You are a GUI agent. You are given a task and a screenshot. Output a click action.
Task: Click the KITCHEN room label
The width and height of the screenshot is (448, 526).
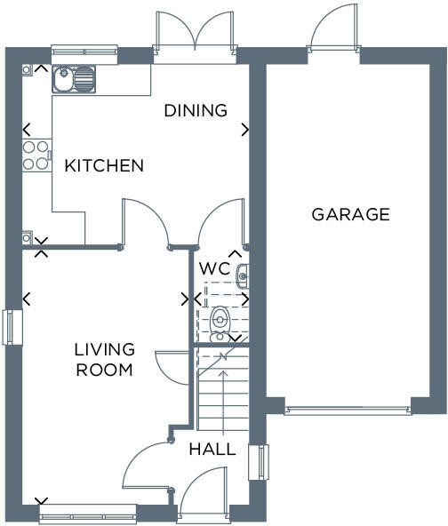[103, 165]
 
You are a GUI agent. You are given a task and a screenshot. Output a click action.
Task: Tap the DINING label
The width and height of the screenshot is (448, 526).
[196, 110]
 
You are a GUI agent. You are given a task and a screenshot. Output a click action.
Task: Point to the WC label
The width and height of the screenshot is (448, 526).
[214, 267]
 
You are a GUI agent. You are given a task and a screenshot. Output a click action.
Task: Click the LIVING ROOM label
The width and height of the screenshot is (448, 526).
[104, 359]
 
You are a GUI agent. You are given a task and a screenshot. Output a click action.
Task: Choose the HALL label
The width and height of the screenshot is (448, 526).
[212, 450]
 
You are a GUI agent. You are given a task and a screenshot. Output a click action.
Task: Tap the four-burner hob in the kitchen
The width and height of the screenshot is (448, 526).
[36, 155]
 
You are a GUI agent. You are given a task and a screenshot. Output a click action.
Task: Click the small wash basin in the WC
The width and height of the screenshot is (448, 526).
[242, 277]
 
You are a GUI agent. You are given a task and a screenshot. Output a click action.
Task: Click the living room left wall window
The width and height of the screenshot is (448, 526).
[10, 326]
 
